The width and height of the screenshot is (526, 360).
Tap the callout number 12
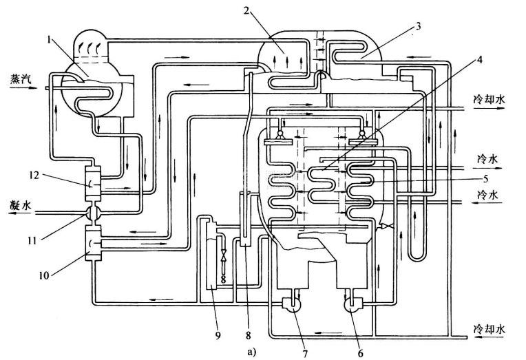point(36,177)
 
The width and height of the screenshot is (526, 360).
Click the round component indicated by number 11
point(92,213)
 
